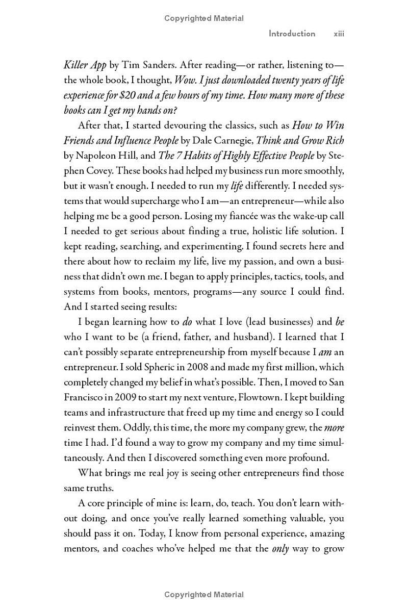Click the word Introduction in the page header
[x=292, y=34]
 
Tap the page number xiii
[x=339, y=34]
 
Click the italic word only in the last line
[x=280, y=549]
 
